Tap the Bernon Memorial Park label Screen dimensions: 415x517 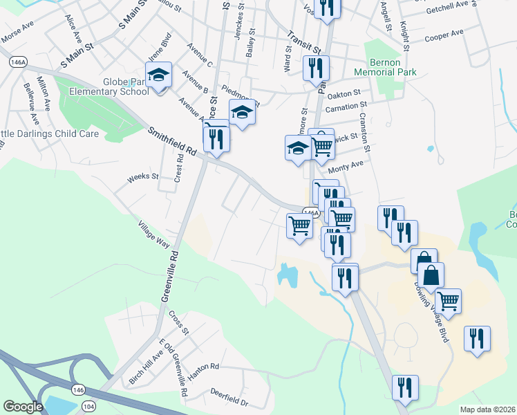(x=385, y=67)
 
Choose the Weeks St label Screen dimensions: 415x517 (x=143, y=178)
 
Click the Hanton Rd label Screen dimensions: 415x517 (x=203, y=369)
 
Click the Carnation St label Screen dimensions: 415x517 (x=346, y=107)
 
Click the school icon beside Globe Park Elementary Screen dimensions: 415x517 (x=158, y=75)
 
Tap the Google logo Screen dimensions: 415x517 (x=23, y=407)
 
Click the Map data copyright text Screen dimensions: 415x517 (x=487, y=409)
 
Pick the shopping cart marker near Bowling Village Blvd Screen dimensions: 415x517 (x=449, y=301)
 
